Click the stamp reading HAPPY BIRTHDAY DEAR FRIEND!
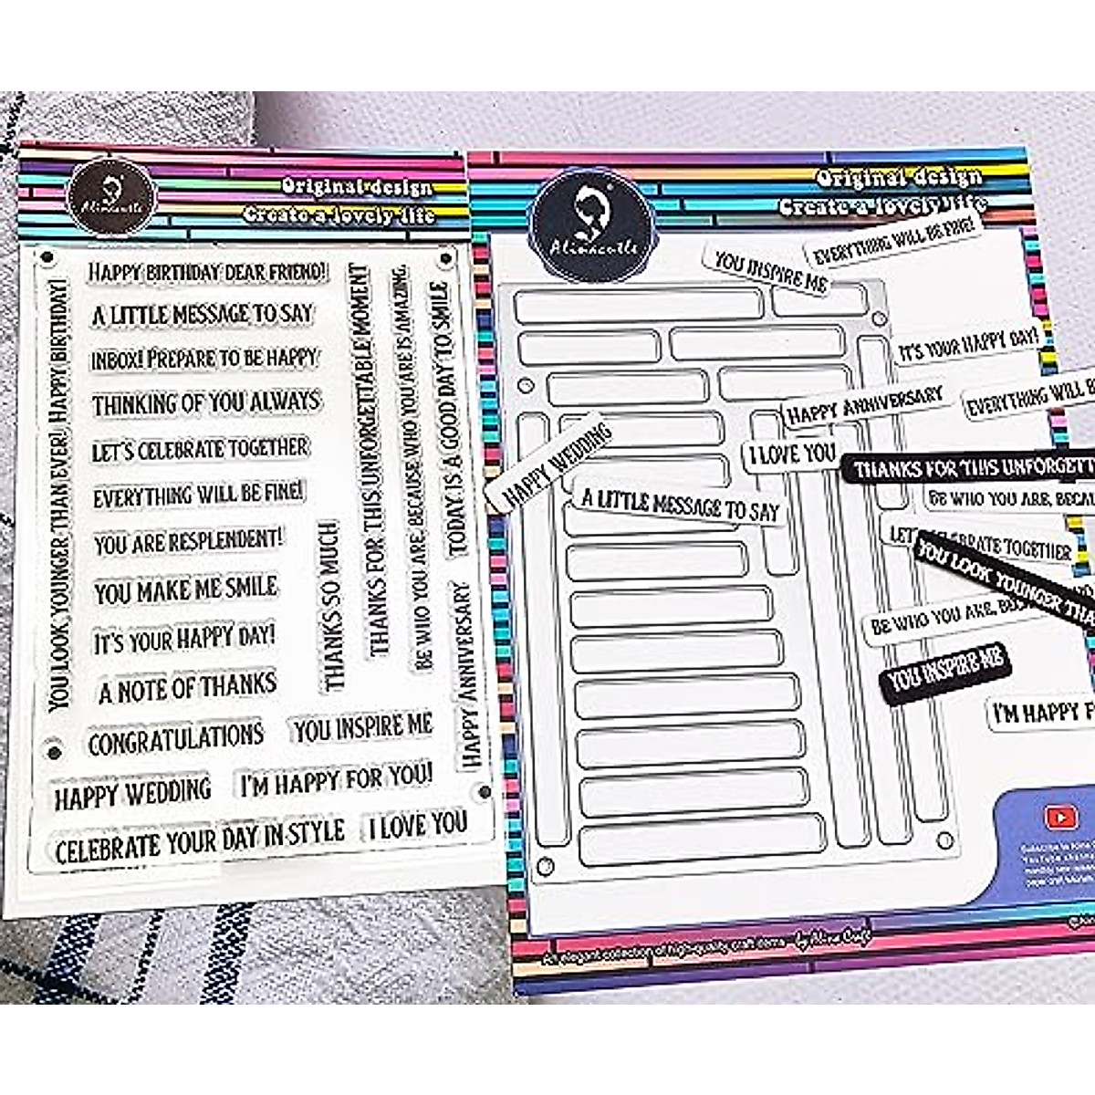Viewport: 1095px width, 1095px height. [207, 272]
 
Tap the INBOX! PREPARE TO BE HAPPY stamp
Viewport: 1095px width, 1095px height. [204, 359]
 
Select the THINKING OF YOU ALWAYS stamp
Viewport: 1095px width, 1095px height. [206, 402]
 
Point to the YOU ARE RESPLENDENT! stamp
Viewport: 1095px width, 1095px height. [188, 542]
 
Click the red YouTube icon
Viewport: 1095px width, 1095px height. [1061, 819]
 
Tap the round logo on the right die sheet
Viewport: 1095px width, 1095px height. [594, 219]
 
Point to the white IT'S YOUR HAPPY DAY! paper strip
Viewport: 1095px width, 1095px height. [968, 345]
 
